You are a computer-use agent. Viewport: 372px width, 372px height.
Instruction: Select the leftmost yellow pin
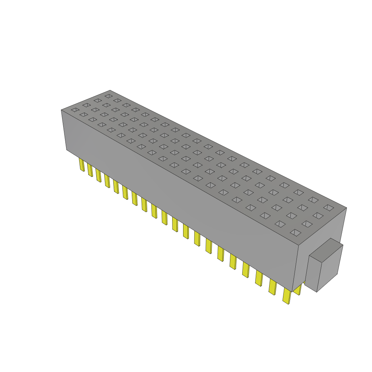click(x=82, y=165)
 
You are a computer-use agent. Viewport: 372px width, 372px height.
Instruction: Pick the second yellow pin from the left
click(x=90, y=170)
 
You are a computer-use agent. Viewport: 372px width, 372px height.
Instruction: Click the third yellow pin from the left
click(x=98, y=175)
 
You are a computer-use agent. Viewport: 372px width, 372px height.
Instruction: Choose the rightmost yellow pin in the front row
click(x=287, y=296)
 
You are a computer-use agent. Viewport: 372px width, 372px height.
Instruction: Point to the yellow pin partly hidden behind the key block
click(x=298, y=290)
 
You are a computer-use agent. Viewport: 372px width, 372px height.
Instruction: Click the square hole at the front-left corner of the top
click(x=74, y=110)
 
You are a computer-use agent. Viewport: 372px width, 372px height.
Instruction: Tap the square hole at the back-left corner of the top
click(x=108, y=96)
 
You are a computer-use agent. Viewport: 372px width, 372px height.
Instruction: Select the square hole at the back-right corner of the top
click(x=328, y=207)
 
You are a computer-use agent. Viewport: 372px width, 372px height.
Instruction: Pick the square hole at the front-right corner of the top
click(x=296, y=232)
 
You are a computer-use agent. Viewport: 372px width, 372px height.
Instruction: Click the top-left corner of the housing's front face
click(x=61, y=110)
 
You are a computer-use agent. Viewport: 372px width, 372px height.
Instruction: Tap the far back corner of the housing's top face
click(x=110, y=90)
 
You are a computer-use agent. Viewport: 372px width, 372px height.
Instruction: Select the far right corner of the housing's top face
click(x=346, y=208)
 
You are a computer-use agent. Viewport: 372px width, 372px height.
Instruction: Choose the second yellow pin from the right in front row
click(x=272, y=287)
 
